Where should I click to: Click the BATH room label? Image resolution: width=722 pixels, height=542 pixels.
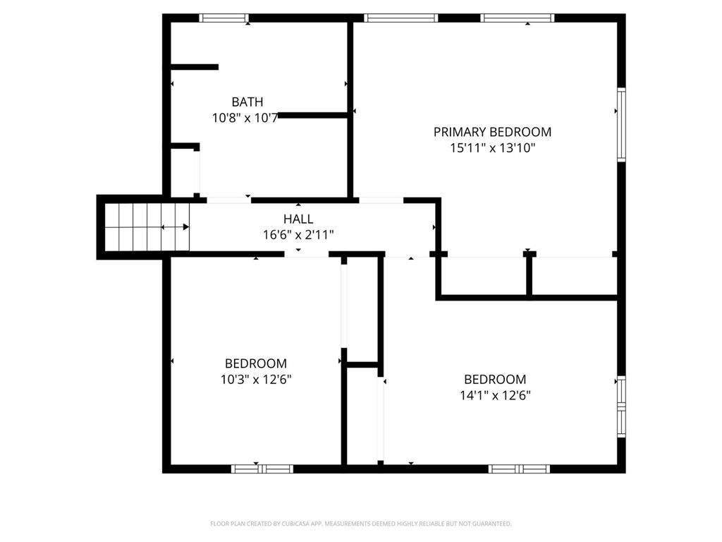(247, 102)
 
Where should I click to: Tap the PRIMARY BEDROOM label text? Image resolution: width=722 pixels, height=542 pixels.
(492, 132)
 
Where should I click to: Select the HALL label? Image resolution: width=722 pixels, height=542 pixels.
(298, 219)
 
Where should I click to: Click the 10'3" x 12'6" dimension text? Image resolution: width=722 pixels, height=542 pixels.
(256, 380)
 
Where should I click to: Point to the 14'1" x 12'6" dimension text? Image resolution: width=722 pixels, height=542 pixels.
(495, 395)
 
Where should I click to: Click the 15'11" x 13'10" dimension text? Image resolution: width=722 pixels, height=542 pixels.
(492, 148)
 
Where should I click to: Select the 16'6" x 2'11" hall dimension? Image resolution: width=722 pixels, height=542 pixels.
(298, 235)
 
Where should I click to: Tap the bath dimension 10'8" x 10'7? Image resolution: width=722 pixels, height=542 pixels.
(245, 118)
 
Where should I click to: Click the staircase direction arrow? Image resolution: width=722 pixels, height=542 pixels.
(175, 227)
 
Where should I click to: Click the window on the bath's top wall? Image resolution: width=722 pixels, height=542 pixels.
(224, 18)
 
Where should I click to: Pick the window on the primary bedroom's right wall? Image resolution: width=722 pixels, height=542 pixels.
(621, 124)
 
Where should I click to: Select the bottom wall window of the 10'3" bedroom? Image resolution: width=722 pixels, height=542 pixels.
(262, 469)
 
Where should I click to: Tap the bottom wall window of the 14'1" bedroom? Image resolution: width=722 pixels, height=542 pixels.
(519, 469)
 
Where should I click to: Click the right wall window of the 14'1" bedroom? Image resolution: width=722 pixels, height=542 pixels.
(621, 407)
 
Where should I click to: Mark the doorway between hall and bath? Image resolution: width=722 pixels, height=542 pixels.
(229, 200)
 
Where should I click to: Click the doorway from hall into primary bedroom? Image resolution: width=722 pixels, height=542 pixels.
(381, 200)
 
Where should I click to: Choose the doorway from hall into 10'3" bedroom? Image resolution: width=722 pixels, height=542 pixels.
(307, 254)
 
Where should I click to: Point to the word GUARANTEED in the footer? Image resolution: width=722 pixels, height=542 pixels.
(493, 524)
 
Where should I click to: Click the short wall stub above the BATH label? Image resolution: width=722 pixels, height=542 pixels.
(195, 67)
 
